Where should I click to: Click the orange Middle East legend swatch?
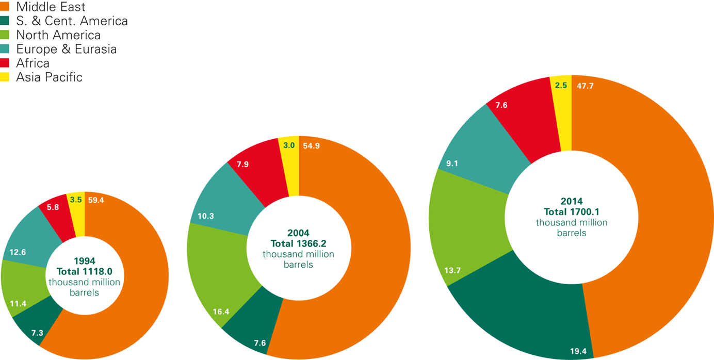pos(6,7)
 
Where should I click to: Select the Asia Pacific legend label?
pos(49,77)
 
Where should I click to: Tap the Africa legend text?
pos(33,63)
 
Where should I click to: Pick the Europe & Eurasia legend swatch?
pos(6,49)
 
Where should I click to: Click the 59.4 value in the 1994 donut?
pos(96,200)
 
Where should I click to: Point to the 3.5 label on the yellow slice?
pos(76,200)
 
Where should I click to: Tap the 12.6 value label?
pos(18,252)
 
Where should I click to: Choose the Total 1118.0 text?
pos(84,271)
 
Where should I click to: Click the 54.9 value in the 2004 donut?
pos(311,145)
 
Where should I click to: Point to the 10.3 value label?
pos(206,216)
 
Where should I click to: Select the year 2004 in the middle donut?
pos(298,233)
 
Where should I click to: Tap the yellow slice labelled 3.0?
pos(289,165)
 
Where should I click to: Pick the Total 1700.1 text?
pos(572,211)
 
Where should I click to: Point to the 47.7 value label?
pos(585,86)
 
